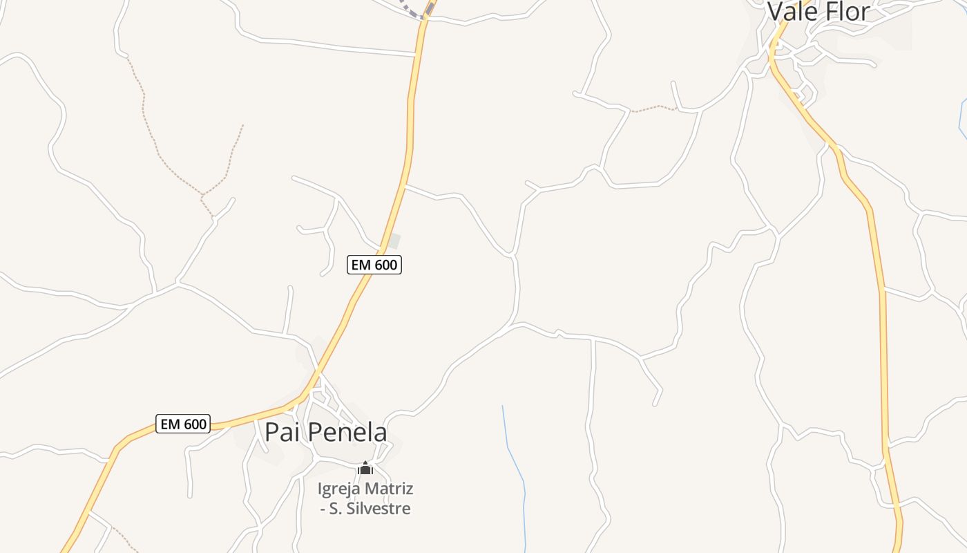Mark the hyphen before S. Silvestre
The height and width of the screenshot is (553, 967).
click(x=323, y=509)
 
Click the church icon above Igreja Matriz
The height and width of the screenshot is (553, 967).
click(x=365, y=469)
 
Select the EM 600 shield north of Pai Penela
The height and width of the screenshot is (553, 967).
click(x=374, y=264)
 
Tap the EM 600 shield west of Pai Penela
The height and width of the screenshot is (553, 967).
click(x=183, y=424)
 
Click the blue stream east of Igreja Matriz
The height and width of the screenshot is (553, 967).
click(x=515, y=463)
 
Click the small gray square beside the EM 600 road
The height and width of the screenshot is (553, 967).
click(x=394, y=241)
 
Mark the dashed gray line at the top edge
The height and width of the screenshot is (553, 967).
click(x=412, y=10)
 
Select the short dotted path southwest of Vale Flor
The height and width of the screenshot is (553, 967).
click(x=653, y=109)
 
